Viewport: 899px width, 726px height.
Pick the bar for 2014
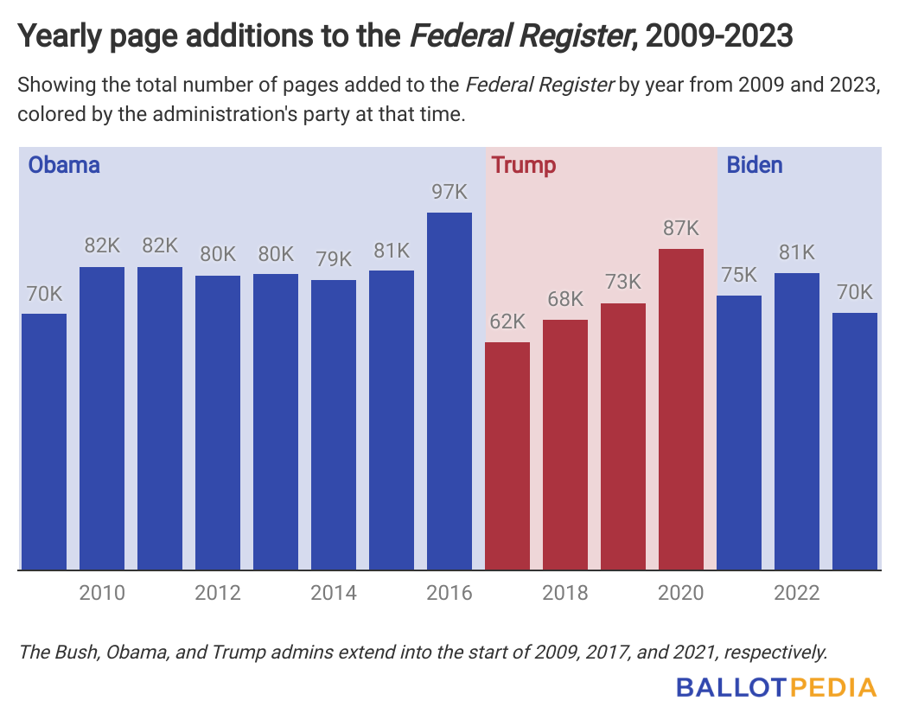point(334,424)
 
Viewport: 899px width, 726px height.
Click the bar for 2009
point(44,441)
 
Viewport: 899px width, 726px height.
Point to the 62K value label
point(507,322)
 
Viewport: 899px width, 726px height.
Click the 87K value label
point(681,228)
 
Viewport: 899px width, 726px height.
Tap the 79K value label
point(334,259)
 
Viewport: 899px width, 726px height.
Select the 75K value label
point(739,275)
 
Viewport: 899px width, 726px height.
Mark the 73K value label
point(623,283)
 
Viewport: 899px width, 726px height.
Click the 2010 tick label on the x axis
point(102,593)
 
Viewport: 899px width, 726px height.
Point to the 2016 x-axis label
point(449,593)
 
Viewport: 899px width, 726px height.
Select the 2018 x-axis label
point(565,593)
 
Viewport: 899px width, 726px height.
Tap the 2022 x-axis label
point(797,593)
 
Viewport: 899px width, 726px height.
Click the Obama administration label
point(65,165)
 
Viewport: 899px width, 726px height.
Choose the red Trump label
point(523,165)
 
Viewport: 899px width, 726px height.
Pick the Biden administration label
point(756,165)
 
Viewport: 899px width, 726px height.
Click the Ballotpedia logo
point(776,688)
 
